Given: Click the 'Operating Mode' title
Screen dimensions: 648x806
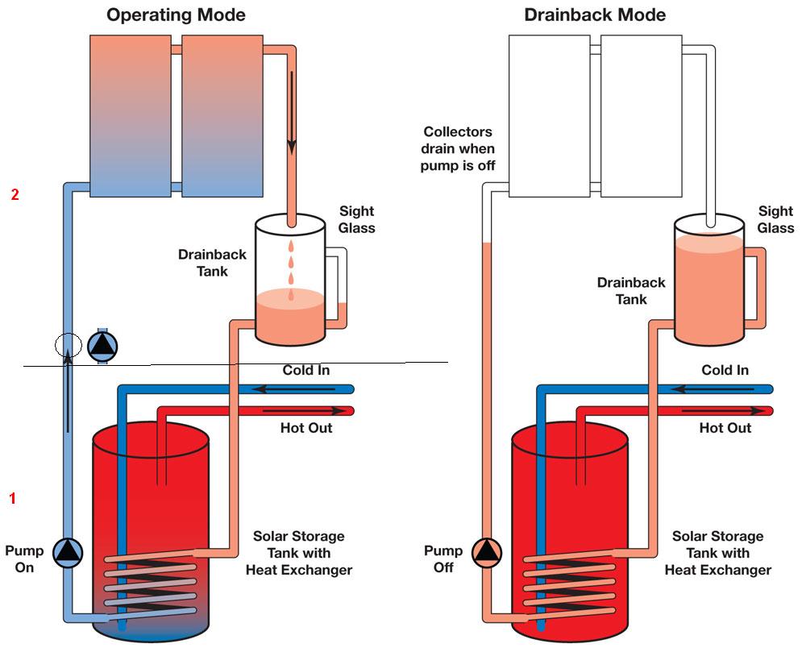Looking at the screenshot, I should (x=177, y=15).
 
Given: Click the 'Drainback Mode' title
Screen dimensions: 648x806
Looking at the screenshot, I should (x=594, y=15).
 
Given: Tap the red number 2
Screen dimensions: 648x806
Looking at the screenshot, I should (x=15, y=194).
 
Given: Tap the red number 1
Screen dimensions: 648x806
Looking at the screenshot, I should (x=12, y=498).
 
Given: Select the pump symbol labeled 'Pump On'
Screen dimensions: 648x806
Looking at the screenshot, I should (x=68, y=552).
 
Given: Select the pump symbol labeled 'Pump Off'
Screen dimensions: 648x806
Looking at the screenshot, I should (x=487, y=552).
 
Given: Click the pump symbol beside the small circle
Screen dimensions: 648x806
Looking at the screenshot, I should (x=103, y=345).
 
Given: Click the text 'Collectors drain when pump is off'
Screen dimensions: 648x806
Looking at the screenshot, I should (x=457, y=149).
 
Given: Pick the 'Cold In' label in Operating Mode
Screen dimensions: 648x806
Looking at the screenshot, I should (x=306, y=371).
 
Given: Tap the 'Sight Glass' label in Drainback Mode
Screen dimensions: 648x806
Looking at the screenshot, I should (x=775, y=219).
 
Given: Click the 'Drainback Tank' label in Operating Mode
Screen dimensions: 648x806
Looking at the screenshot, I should (x=212, y=263).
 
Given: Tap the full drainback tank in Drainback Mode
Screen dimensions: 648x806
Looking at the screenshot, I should (x=708, y=282).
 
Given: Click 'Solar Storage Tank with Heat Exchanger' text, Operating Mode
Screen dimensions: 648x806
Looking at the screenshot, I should (x=298, y=553).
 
